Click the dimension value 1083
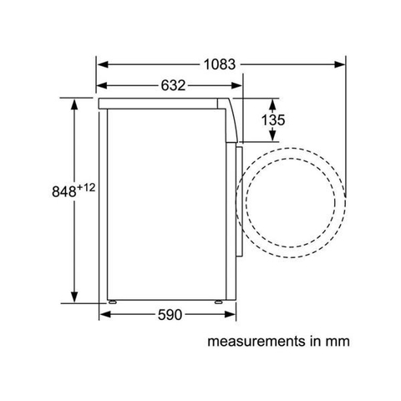point(220,63)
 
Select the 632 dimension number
point(170,84)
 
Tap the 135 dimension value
point(272,119)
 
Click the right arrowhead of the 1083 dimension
point(343,63)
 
